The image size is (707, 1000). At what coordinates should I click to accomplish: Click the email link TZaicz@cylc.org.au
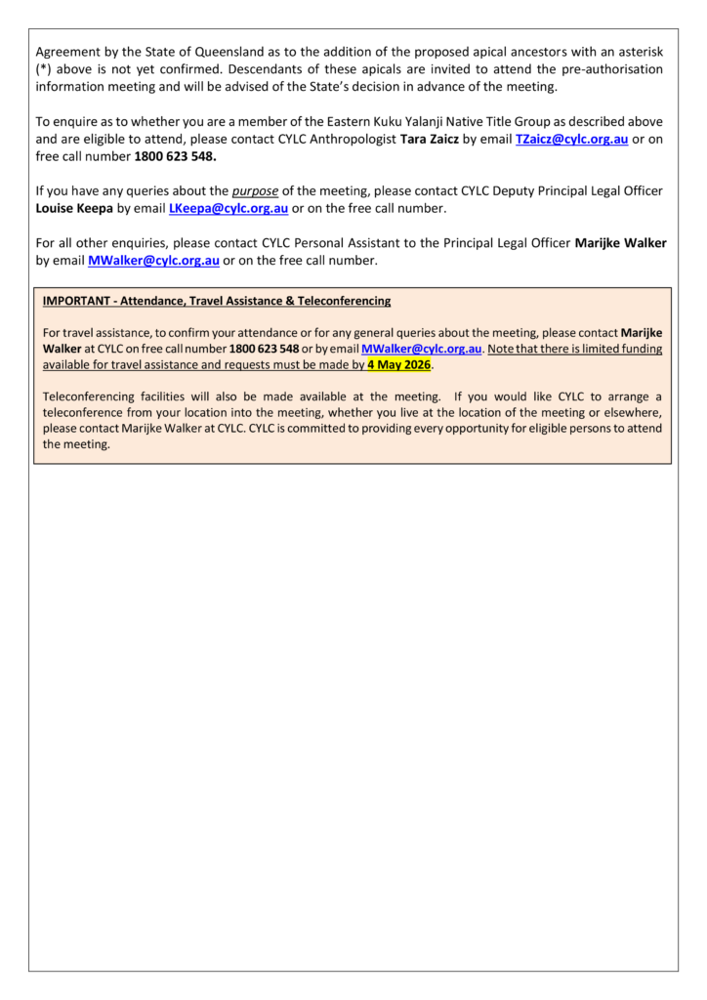click(571, 140)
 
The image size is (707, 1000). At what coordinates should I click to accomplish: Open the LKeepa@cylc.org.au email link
click(229, 209)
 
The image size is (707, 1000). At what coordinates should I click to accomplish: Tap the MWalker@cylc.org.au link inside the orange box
click(421, 349)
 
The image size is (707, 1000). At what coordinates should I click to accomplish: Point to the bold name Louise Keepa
click(74, 209)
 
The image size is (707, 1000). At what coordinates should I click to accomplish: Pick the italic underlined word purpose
click(254, 191)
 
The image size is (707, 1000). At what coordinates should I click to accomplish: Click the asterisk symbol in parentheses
click(45, 69)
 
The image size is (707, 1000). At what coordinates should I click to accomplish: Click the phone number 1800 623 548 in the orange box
click(264, 349)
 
